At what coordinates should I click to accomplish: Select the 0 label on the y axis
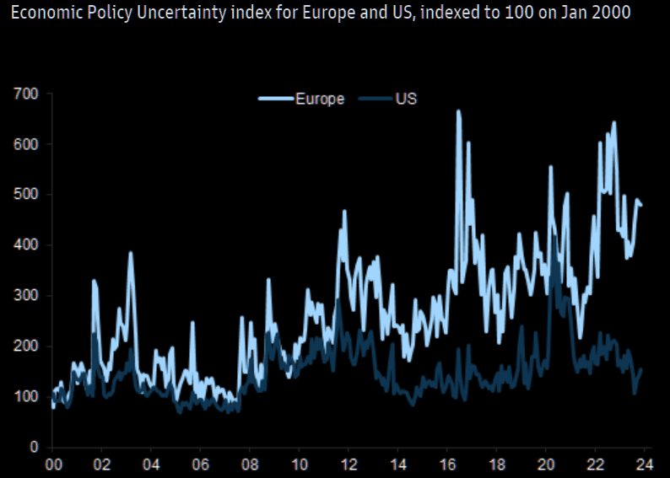tap(35, 447)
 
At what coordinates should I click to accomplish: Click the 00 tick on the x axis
tap(52, 465)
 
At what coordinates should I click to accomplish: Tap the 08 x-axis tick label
tap(250, 465)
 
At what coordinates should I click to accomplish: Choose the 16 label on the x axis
tap(447, 465)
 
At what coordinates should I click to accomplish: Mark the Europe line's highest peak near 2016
tap(458, 111)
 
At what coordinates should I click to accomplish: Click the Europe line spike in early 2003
tap(131, 253)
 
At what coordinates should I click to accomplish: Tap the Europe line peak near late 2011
tap(344, 212)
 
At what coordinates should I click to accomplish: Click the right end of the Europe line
tap(641, 205)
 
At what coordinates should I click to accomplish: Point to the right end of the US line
tap(641, 369)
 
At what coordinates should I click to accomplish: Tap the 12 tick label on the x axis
tap(349, 465)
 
